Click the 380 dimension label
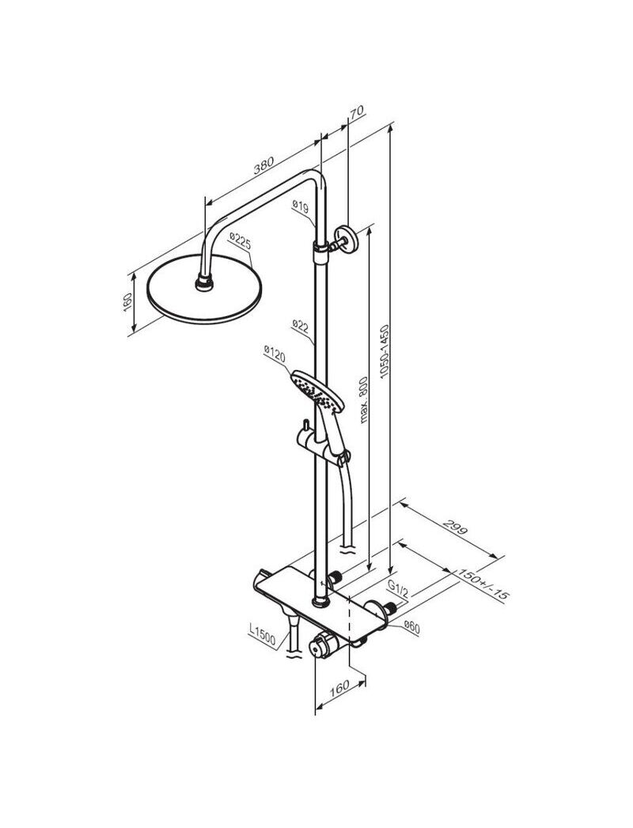(x=263, y=165)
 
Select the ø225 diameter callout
(x=240, y=242)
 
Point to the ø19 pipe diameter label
(x=300, y=206)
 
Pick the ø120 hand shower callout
(x=275, y=354)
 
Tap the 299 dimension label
(x=455, y=527)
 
